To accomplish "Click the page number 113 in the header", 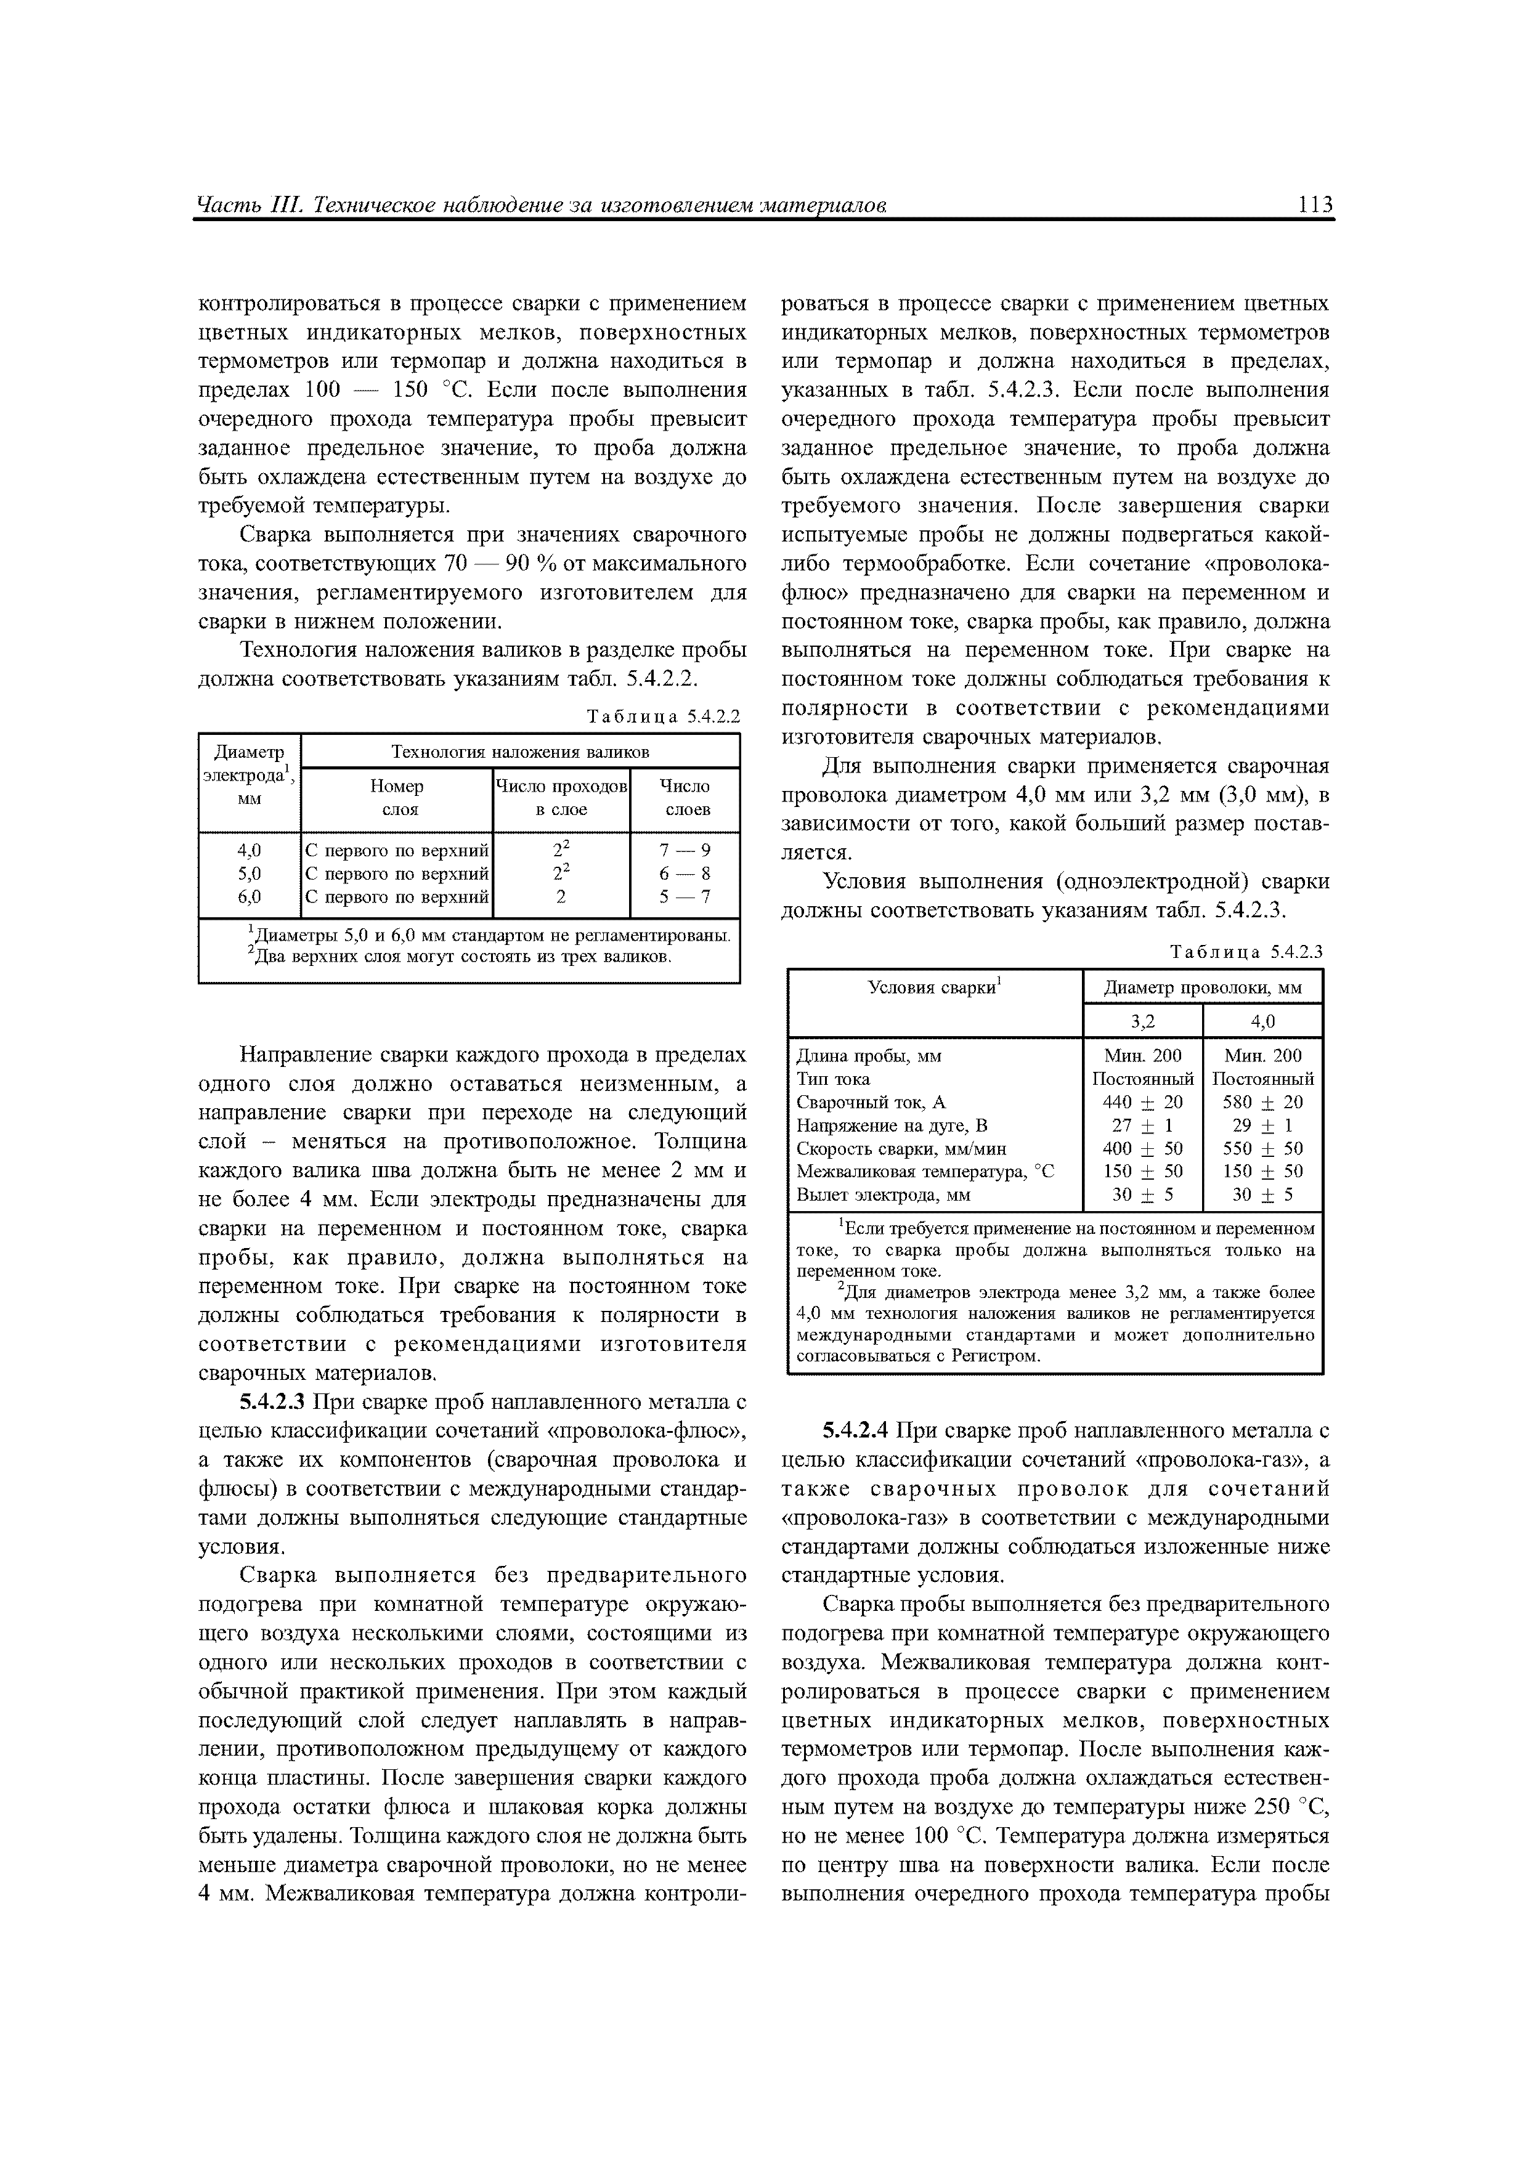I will (x=1314, y=205).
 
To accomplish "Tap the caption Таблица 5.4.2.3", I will (x=1246, y=952).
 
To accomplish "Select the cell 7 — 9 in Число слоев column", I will (x=685, y=851).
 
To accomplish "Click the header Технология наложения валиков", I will (x=519, y=752).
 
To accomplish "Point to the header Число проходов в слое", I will (x=561, y=797).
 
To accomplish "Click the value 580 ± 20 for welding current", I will (x=1262, y=1102).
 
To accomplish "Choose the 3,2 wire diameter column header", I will (x=1142, y=1021).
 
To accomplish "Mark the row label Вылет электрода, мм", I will (x=882, y=1194).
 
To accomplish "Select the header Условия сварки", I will (x=934, y=986).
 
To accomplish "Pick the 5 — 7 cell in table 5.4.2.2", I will (x=685, y=897).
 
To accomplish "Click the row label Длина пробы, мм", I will (x=868, y=1056).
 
